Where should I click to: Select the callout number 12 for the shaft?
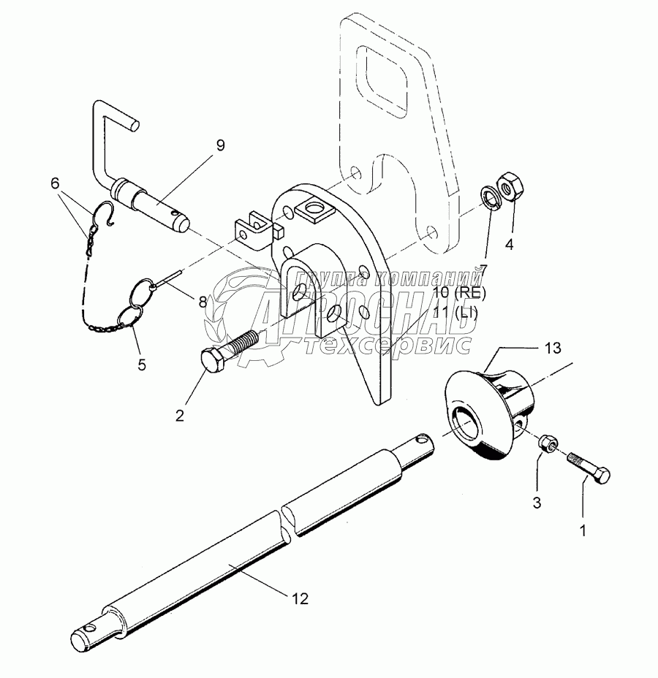[x=300, y=599]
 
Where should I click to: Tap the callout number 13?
[x=553, y=349]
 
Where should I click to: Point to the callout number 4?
[x=510, y=245]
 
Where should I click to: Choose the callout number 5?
[x=142, y=363]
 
